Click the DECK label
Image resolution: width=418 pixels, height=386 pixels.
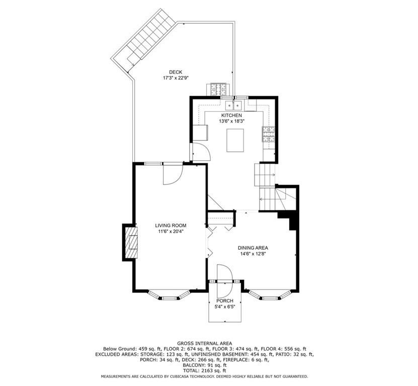176,72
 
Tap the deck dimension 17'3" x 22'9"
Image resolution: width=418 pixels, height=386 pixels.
176,78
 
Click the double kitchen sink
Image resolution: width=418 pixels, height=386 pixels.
234,105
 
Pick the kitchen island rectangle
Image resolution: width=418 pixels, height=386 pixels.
234,140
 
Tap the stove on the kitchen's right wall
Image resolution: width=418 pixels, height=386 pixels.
267,134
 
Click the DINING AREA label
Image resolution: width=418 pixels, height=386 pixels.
253,248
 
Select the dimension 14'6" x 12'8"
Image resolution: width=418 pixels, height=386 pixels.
253,254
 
